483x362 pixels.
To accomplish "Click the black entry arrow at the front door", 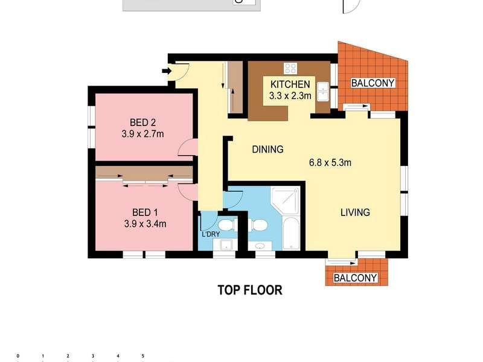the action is click(x=167, y=71).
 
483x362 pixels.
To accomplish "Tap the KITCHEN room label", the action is click(x=290, y=84).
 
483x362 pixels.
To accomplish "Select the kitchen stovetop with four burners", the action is click(x=290, y=68).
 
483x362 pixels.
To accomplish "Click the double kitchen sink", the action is click(x=323, y=92).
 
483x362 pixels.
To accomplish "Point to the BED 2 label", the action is click(x=142, y=122).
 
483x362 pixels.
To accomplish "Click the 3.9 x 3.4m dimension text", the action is click(x=145, y=224).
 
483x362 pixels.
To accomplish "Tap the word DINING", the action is click(x=267, y=149).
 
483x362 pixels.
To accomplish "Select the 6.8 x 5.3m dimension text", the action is click(x=330, y=162).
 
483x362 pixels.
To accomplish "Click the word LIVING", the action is click(x=355, y=212).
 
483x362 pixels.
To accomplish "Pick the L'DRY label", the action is click(x=211, y=234).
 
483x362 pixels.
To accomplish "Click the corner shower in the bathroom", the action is click(x=285, y=200).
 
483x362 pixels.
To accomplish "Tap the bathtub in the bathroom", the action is click(x=290, y=233).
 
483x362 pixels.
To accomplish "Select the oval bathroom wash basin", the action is click(x=260, y=246).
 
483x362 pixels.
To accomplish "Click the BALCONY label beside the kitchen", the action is click(x=373, y=83).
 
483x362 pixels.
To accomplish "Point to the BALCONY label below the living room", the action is click(x=355, y=278).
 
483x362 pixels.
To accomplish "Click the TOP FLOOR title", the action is click(x=250, y=290).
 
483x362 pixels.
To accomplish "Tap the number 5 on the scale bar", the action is click(x=142, y=356).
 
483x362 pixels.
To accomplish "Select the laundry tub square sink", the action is click(x=226, y=246).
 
